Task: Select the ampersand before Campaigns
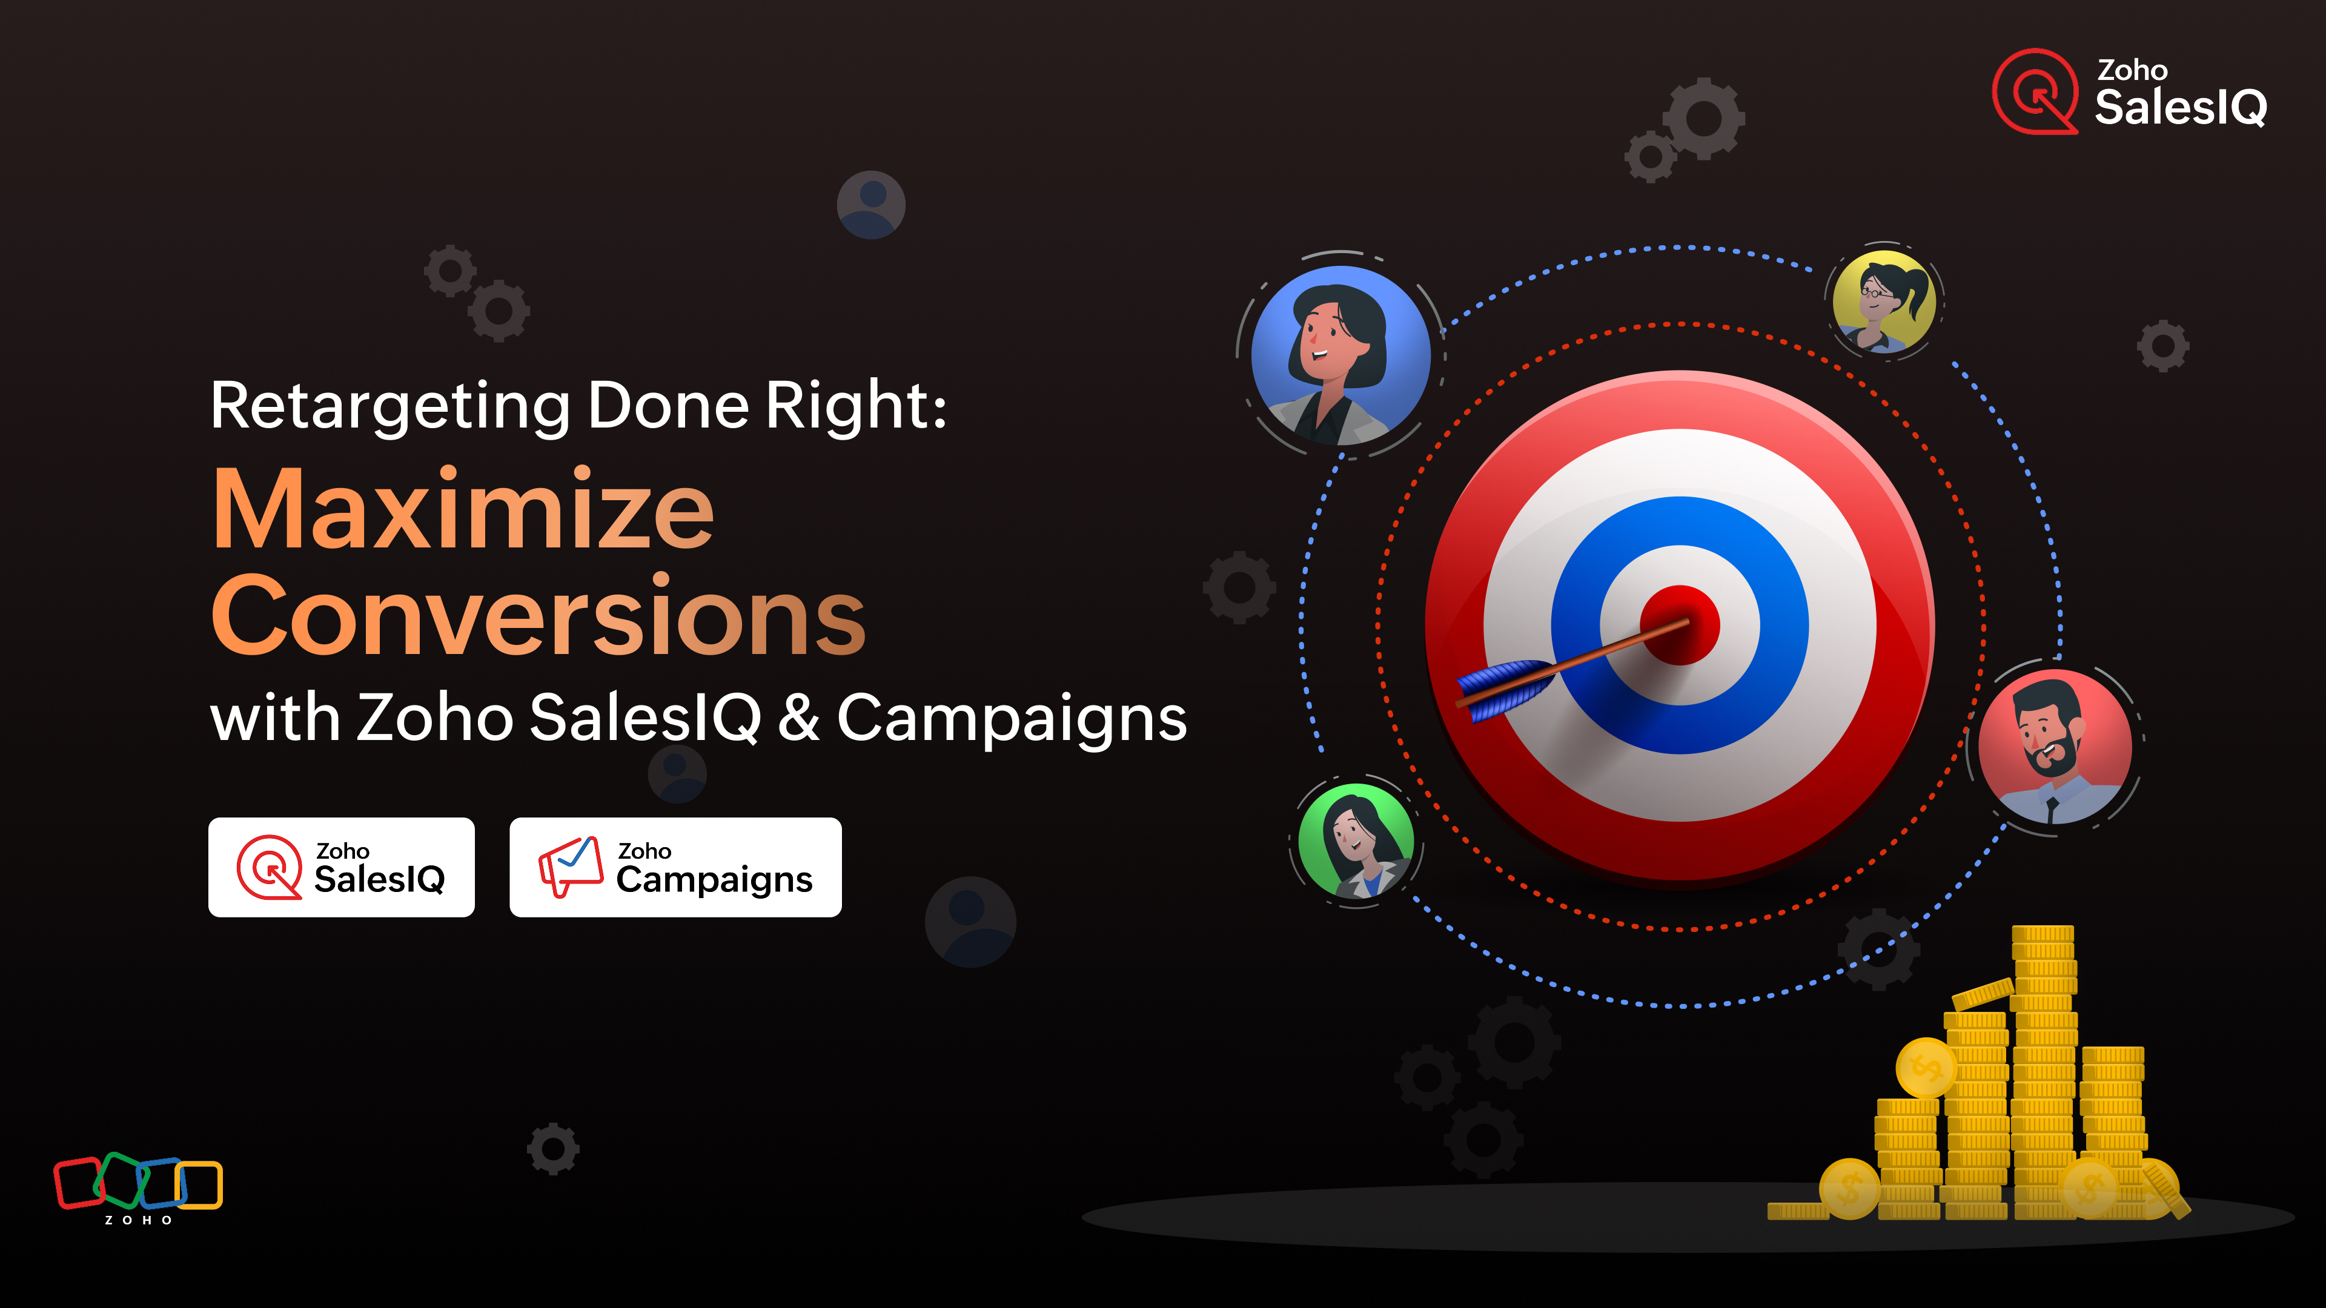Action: (799, 718)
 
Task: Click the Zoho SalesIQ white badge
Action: (341, 868)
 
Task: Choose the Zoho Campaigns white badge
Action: (675, 868)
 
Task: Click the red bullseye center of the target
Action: (1680, 625)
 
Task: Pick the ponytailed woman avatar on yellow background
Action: (1884, 300)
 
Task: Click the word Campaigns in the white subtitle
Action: (1012, 719)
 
